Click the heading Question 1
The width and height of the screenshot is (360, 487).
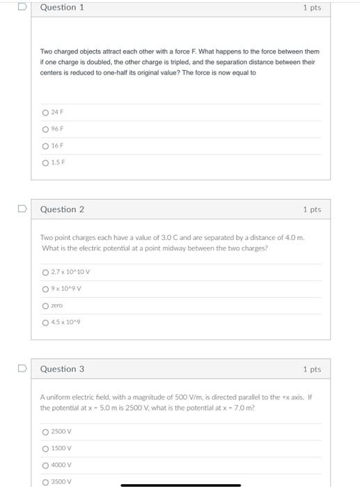click(x=62, y=8)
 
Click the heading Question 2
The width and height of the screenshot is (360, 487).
click(x=62, y=209)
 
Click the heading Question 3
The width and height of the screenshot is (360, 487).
click(x=62, y=369)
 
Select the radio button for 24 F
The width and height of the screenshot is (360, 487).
click(x=45, y=113)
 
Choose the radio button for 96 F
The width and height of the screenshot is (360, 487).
click(x=45, y=129)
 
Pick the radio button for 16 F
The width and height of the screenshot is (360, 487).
click(x=45, y=146)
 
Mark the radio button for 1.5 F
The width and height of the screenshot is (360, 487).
click(x=45, y=163)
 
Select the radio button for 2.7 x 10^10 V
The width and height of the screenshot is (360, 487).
click(x=45, y=272)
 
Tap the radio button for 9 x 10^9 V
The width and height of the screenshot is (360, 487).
click(x=45, y=289)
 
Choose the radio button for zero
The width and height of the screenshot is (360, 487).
click(x=45, y=305)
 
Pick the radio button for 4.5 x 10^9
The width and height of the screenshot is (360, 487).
click(x=45, y=322)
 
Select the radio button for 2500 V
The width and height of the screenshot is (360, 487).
click(x=45, y=431)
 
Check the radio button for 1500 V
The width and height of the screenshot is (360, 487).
click(x=45, y=448)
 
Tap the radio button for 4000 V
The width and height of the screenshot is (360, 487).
click(x=45, y=465)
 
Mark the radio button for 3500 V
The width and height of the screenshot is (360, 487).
click(x=45, y=481)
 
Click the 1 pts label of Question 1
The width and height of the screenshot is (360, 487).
click(x=312, y=8)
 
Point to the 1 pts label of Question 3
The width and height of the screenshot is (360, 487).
click(x=312, y=369)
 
